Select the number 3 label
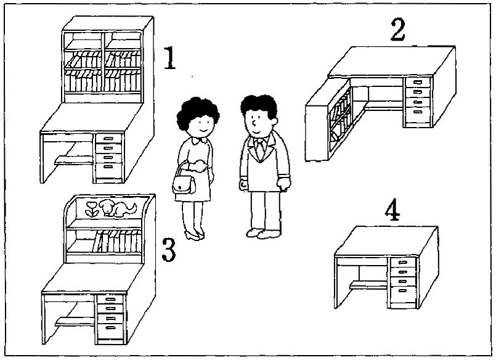(169, 248)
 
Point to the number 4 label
(392, 211)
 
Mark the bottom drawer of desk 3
(111, 327)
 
